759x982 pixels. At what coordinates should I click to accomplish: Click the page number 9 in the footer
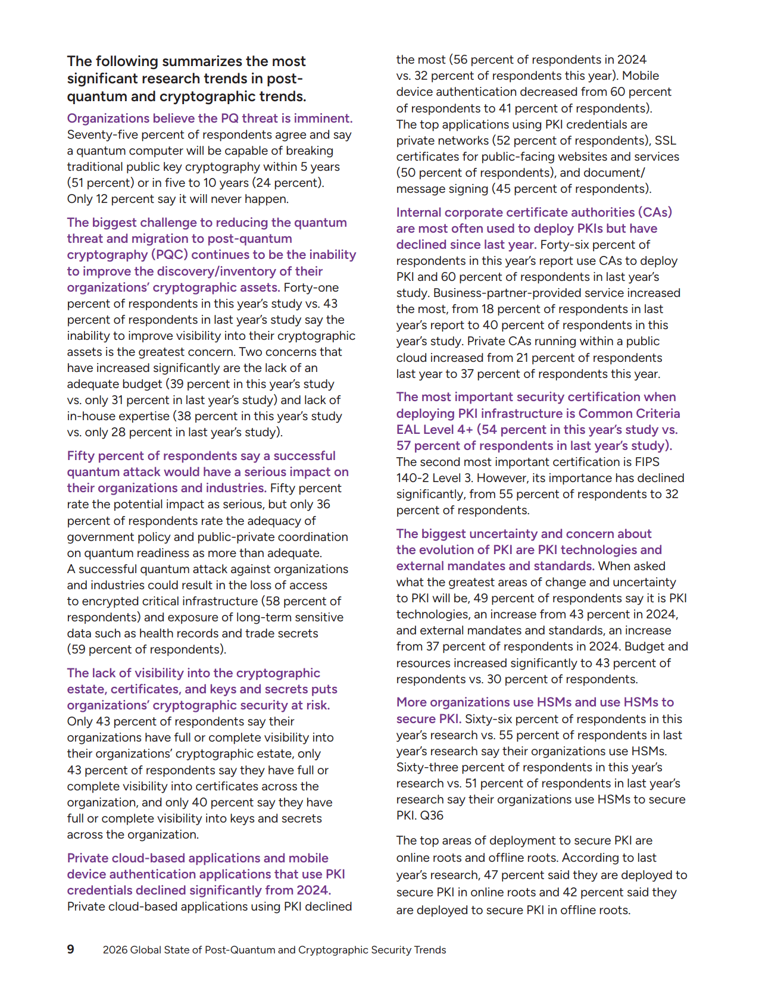(71, 949)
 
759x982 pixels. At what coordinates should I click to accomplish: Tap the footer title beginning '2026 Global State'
(274, 950)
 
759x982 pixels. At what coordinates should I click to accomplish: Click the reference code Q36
(432, 815)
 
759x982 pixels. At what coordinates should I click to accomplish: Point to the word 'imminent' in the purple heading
(326, 118)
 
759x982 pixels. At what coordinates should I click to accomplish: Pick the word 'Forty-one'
(311, 287)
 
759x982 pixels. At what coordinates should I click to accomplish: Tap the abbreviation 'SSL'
(666, 140)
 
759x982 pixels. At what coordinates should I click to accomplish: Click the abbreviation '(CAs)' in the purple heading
(656, 212)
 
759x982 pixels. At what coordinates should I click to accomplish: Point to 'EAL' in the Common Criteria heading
(408, 430)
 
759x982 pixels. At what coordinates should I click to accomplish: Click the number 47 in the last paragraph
(491, 875)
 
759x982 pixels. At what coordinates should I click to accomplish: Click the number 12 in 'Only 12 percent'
(102, 199)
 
